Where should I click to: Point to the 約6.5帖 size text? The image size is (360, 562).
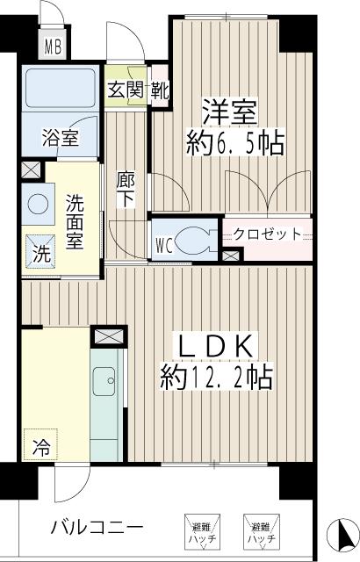point(235,143)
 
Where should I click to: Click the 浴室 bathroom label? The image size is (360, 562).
point(60,138)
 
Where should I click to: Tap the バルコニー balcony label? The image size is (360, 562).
point(97,529)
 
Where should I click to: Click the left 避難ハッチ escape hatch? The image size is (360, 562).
point(197,530)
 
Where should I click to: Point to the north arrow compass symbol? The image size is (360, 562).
point(342,534)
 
